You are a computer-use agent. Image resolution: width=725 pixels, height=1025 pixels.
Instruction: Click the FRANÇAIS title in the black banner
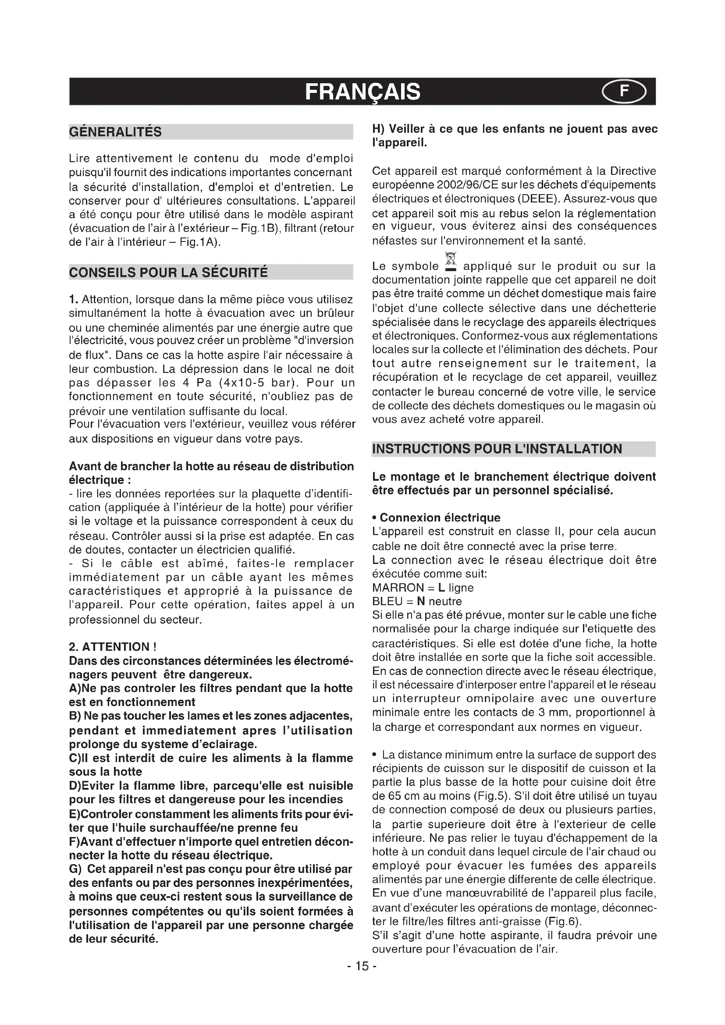tap(362, 92)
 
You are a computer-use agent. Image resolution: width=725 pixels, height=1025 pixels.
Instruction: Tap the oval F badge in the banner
tap(624, 92)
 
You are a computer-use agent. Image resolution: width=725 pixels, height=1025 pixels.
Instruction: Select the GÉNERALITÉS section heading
tap(115, 132)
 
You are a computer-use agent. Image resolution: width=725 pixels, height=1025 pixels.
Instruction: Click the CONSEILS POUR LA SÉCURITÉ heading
tap(168, 272)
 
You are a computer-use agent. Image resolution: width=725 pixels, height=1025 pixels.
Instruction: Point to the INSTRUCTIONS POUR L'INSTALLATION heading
tap(497, 449)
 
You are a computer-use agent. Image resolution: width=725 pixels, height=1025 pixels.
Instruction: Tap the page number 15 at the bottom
tap(362, 966)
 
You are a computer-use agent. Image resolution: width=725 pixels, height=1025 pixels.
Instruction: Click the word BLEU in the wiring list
tap(387, 601)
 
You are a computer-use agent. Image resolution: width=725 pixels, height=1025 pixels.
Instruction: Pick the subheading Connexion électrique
tap(440, 518)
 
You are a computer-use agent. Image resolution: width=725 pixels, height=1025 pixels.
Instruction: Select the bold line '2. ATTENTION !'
tap(113, 647)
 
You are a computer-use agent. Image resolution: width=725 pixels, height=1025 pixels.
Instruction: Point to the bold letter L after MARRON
tap(441, 588)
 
